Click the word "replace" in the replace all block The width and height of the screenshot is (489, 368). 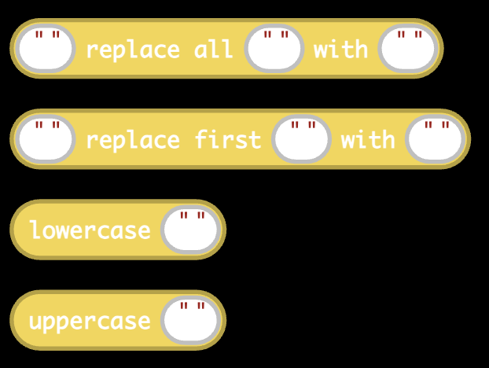point(133,50)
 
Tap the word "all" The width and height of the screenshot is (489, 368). point(213,48)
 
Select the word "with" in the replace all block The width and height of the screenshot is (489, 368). point(340,48)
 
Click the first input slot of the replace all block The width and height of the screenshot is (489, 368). point(46,48)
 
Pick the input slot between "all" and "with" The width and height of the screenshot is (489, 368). point(274,48)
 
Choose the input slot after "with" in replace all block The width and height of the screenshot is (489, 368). point(408,48)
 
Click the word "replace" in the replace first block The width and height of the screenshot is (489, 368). point(133,140)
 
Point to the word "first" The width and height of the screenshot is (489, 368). point(228,139)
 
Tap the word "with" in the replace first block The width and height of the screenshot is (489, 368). point(368,139)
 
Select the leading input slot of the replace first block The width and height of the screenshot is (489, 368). point(46,138)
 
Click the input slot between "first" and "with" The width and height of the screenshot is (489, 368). point(301,138)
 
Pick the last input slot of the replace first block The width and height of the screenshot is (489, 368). point(436,138)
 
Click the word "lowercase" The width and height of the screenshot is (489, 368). point(90,230)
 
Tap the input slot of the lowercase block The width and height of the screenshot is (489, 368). point(190,230)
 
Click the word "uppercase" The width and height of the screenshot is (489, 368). point(90,322)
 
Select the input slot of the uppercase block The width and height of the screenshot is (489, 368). point(190,320)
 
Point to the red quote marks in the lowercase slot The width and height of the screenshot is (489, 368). point(193,215)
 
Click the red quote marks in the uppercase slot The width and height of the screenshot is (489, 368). point(193,306)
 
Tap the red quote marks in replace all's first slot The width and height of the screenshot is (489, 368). point(47,35)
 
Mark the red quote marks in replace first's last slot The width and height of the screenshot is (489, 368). point(437,125)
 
